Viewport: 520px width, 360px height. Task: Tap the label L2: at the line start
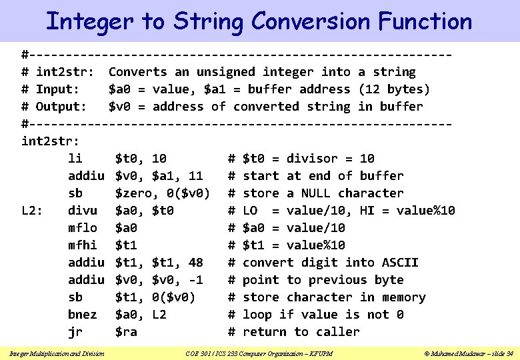pyautogui.click(x=33, y=211)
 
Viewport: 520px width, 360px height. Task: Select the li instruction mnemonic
pyautogui.click(x=75, y=159)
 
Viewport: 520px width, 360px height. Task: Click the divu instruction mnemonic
pyautogui.click(x=83, y=211)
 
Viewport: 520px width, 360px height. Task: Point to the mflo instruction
pyautogui.click(x=83, y=228)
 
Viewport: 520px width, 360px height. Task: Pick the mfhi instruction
pyautogui.click(x=83, y=245)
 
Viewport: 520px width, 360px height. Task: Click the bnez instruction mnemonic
pyautogui.click(x=83, y=315)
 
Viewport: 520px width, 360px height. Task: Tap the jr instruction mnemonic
pyautogui.click(x=75, y=332)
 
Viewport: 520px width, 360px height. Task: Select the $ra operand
pyautogui.click(x=126, y=332)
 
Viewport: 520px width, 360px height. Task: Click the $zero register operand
pyautogui.click(x=137, y=193)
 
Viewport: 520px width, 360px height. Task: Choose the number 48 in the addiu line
pyautogui.click(x=196, y=263)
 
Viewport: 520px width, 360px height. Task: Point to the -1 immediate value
pyautogui.click(x=196, y=280)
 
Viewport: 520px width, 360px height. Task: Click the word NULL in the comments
pyautogui.click(x=316, y=193)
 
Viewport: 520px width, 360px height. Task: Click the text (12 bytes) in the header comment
pyautogui.click(x=394, y=89)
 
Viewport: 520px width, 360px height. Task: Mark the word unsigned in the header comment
pyautogui.click(x=225, y=72)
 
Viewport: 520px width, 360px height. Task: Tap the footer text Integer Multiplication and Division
pyautogui.click(x=61, y=352)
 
